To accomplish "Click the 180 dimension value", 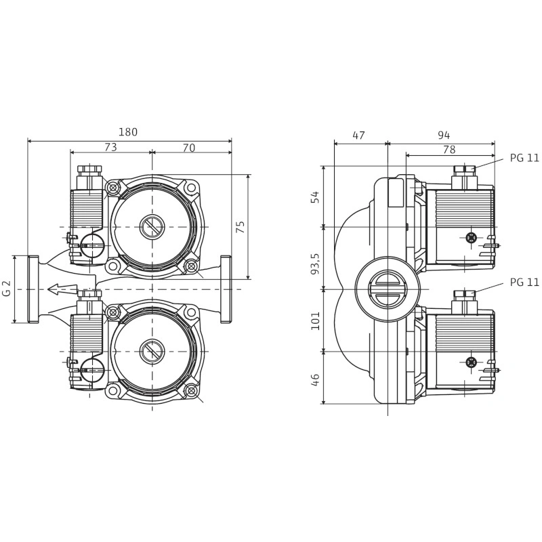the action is pyautogui.click(x=128, y=132).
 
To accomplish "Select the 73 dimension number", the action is pyautogui.click(x=110, y=147).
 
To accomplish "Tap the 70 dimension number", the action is pyautogui.click(x=189, y=148).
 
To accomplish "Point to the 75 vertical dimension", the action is pyautogui.click(x=241, y=226).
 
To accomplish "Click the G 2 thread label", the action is pyautogui.click(x=7, y=289).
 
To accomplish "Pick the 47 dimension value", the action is pyautogui.click(x=358, y=135).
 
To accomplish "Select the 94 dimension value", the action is pyautogui.click(x=444, y=135).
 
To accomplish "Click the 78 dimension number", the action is pyautogui.click(x=449, y=150).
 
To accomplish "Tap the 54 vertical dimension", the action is pyautogui.click(x=315, y=196).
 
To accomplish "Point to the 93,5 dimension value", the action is pyautogui.click(x=315, y=264).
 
